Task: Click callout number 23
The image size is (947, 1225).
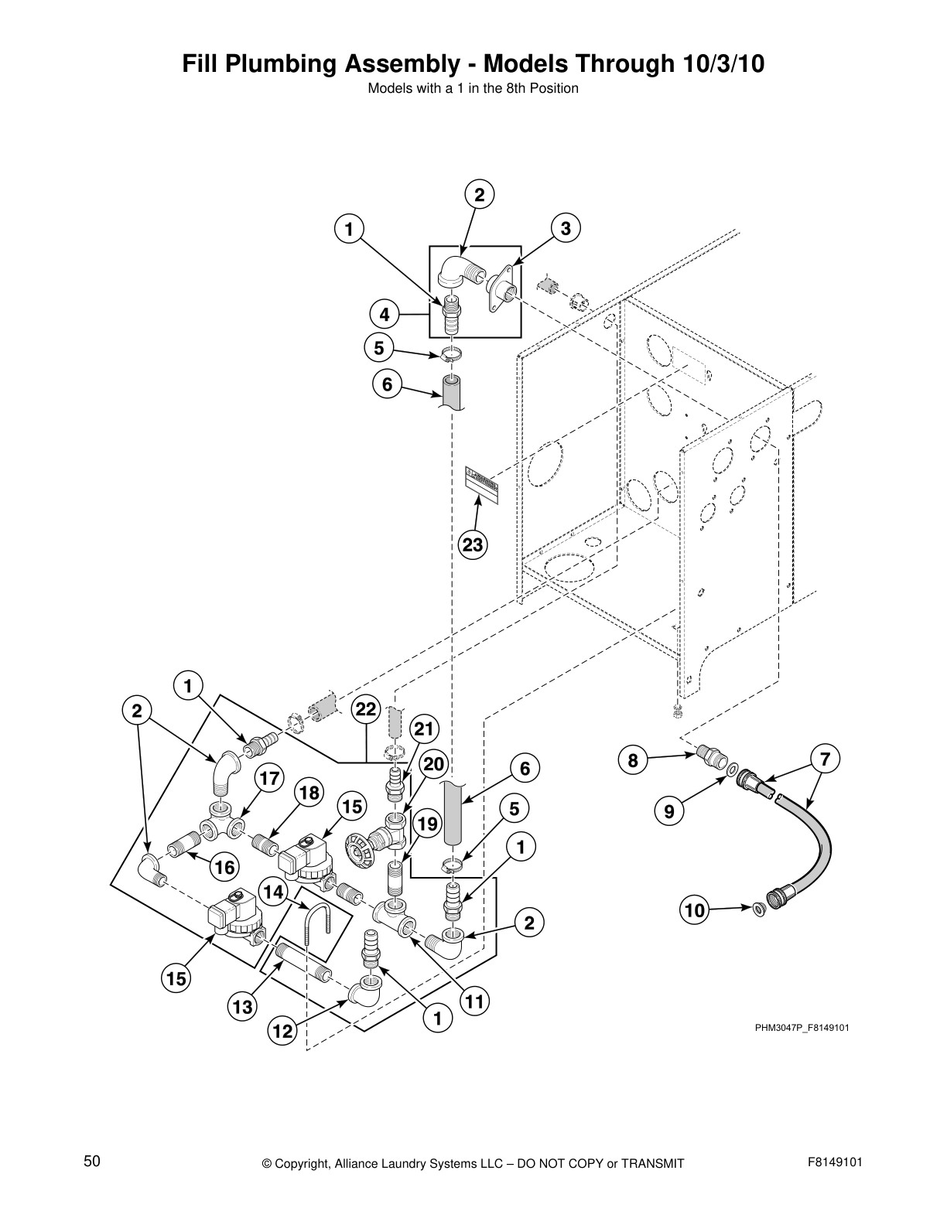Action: pos(472,545)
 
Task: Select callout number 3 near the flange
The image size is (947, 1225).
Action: pos(566,228)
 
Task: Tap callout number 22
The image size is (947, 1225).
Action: pos(366,709)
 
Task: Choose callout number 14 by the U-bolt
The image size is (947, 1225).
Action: pos(274,892)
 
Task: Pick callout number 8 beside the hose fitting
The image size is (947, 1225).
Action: pos(633,760)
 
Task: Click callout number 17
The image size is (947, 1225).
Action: pos(268,779)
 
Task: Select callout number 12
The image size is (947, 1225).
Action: pos(282,1031)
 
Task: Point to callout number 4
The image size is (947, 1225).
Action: pos(384,315)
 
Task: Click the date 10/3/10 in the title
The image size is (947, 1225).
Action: pos(724,64)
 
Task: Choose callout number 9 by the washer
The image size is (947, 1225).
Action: pos(668,811)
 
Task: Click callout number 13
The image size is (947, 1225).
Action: pos(242,1007)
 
